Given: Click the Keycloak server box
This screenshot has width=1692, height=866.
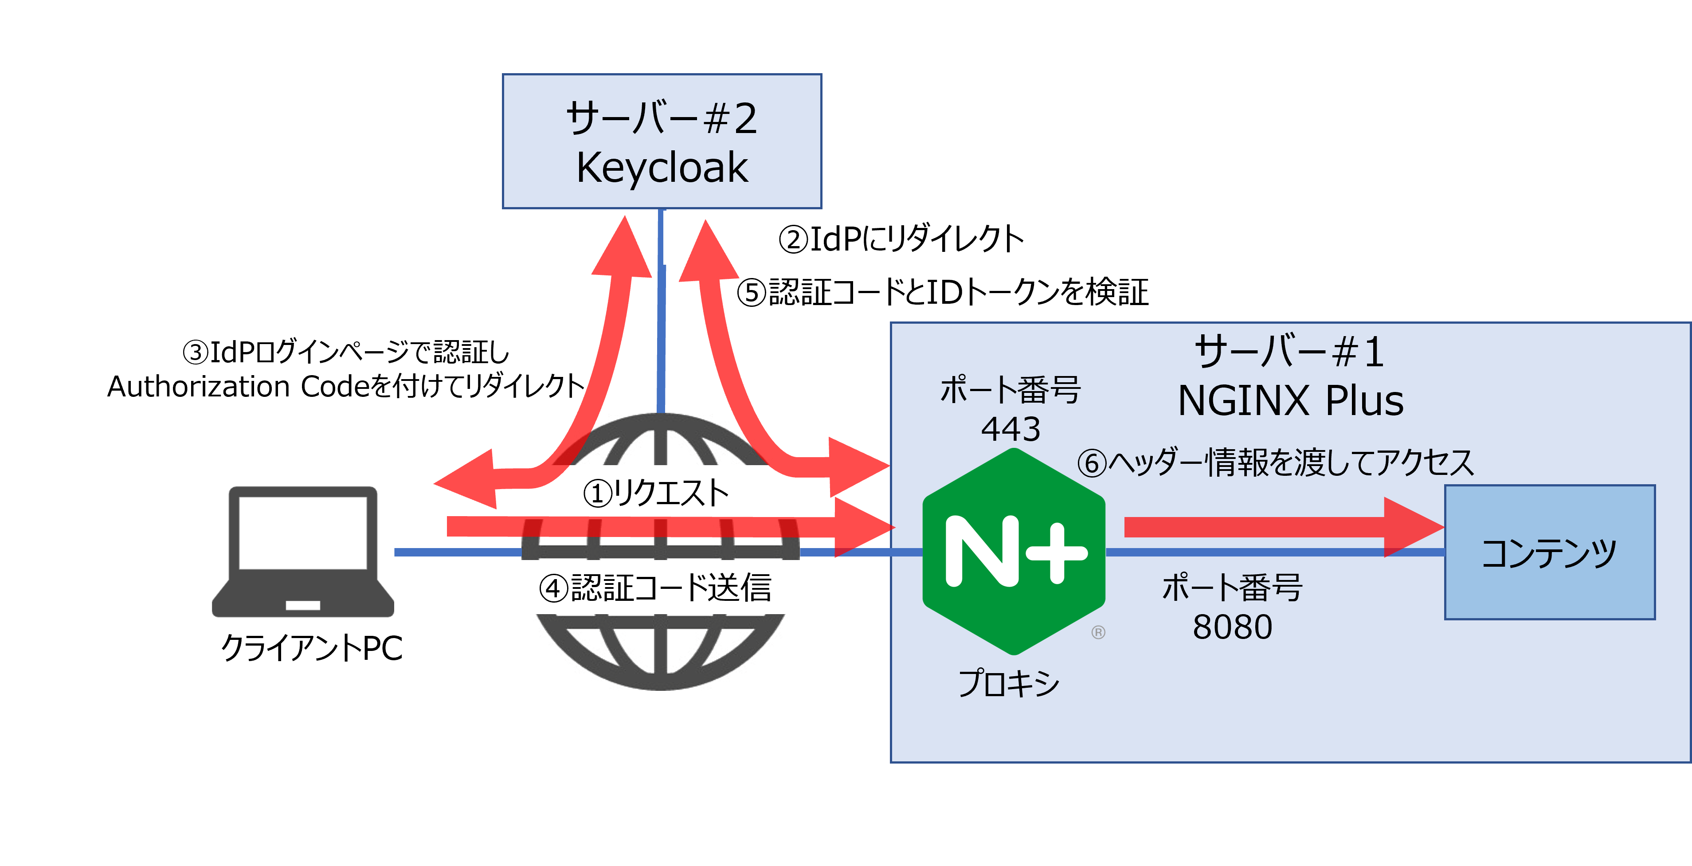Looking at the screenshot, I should pyautogui.click(x=662, y=141).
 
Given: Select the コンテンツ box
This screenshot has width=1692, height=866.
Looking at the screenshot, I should pyautogui.click(x=1549, y=552).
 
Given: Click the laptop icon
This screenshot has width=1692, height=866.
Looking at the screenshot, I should pyautogui.click(x=303, y=551).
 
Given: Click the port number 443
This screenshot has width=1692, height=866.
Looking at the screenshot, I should pyautogui.click(x=1010, y=429).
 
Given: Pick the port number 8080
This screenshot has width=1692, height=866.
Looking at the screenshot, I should pyautogui.click(x=1232, y=627).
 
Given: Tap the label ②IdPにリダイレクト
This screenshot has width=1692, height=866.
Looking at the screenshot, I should pyautogui.click(x=901, y=239).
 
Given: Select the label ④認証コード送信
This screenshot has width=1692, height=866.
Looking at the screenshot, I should pyautogui.click(x=655, y=588).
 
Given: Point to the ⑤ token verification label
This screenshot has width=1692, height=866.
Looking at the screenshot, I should pyautogui.click(x=943, y=292).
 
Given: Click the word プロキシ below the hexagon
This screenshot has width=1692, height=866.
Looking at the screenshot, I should pyautogui.click(x=1008, y=683).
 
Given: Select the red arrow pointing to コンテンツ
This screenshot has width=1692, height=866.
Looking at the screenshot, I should pyautogui.click(x=1281, y=527).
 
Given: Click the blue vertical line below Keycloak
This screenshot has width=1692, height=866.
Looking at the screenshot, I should pyautogui.click(x=662, y=309).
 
